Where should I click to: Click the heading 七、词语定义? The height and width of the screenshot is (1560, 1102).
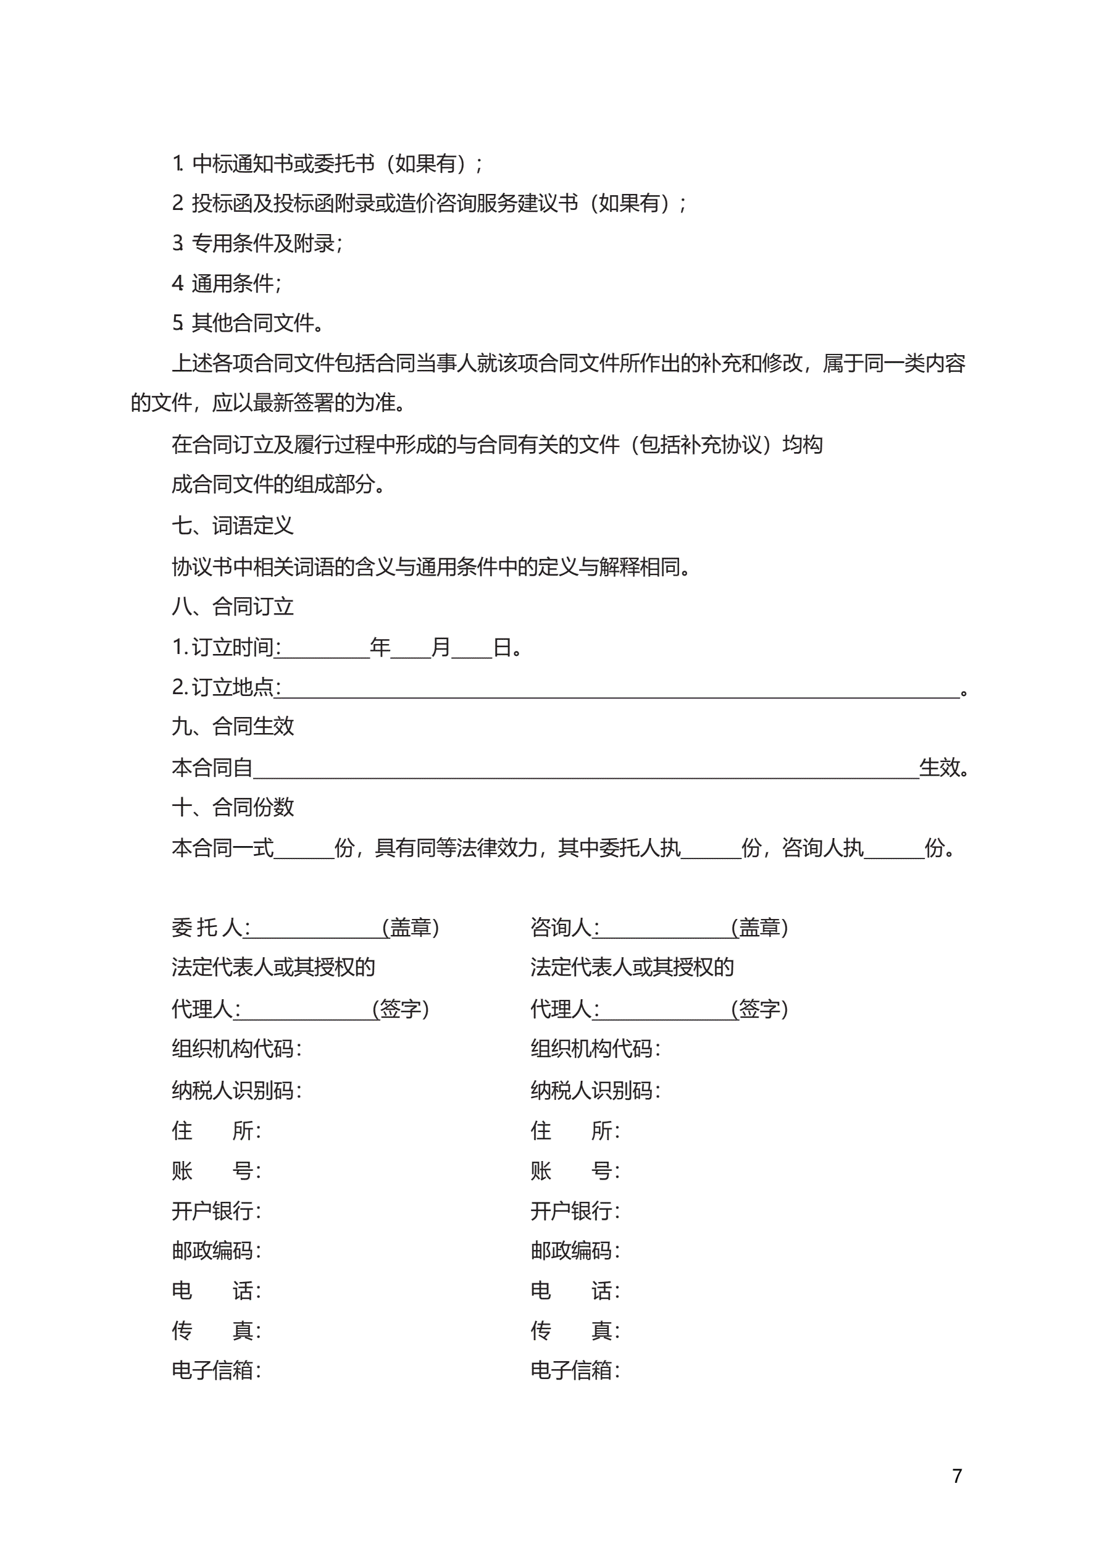pos(232,525)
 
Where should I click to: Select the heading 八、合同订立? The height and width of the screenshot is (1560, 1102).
pos(232,606)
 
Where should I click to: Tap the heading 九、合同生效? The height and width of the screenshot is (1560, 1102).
pos(232,726)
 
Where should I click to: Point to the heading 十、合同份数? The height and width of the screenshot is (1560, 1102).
pos(232,807)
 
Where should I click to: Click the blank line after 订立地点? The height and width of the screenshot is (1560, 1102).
pos(618,690)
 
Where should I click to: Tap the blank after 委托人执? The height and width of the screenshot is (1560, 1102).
pos(711,850)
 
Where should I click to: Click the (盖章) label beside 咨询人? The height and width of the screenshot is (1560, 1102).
pos(760,928)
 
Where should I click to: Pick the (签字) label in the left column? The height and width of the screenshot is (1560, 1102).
pos(401,1009)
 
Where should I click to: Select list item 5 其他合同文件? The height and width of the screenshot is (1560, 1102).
pos(248,323)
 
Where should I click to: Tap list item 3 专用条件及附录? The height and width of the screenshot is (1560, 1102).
pos(257,243)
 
